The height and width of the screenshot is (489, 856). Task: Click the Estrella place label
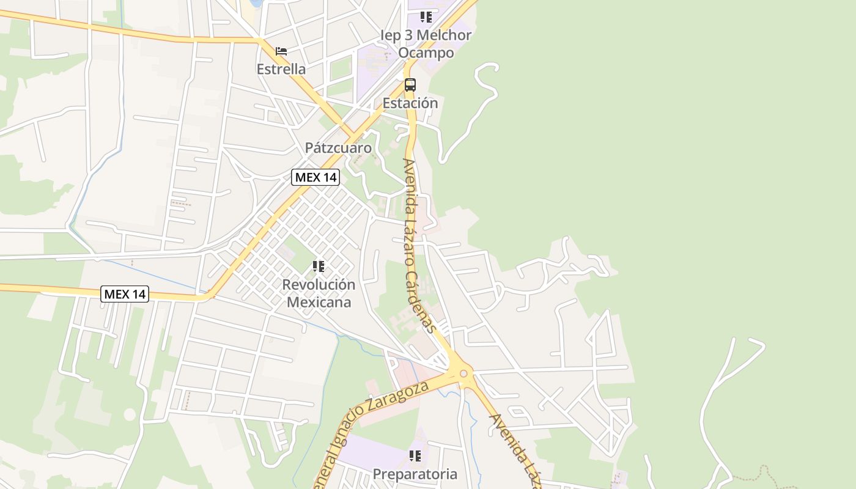tap(281, 69)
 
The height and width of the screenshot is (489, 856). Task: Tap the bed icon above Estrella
tap(281, 51)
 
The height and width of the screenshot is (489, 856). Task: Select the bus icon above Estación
tap(410, 85)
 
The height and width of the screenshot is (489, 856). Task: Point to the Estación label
tap(410, 103)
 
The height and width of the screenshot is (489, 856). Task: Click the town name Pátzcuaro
tap(338, 148)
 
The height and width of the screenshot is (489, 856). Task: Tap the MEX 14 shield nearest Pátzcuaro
tap(315, 177)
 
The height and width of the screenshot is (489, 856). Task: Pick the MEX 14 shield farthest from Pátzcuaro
tap(125, 294)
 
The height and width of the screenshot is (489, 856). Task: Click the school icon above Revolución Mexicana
tap(319, 267)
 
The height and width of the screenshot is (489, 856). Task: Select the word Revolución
tap(319, 285)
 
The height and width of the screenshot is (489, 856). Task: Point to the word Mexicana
tap(319, 302)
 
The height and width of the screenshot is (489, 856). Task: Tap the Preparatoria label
tap(415, 474)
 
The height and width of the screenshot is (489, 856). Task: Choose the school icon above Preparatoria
tap(415, 456)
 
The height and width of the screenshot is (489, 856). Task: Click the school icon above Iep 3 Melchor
tap(426, 17)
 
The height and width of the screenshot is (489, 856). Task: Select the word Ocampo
tap(426, 53)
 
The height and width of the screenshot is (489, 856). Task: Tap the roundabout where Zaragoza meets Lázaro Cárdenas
tap(463, 373)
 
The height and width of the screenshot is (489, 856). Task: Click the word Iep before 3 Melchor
tap(390, 35)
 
